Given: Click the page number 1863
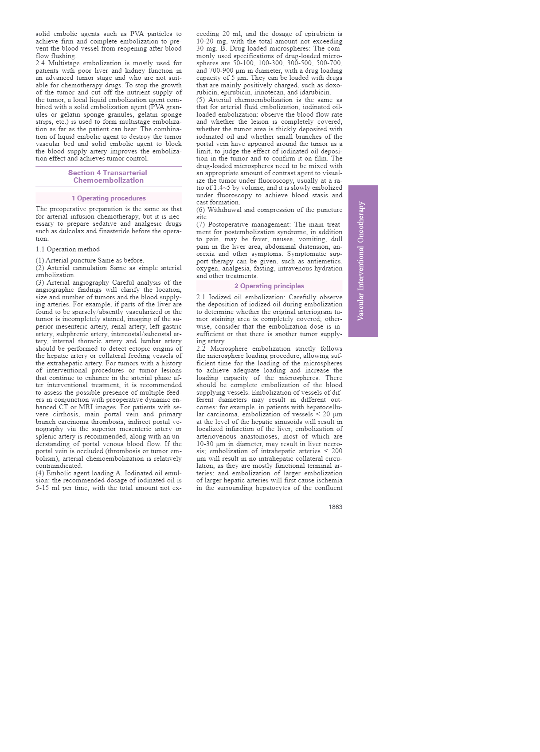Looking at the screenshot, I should point(335,507).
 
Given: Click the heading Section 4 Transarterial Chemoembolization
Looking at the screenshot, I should point(108,176).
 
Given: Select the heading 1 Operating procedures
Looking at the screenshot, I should point(109,198).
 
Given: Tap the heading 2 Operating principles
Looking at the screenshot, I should point(269,286).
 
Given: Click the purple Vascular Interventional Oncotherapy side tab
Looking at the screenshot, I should point(363,261).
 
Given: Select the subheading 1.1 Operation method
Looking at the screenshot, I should point(68,249).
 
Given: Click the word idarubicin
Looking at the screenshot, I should point(317,92).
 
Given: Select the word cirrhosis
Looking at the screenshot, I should point(67,414).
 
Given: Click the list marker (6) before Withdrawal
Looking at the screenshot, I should point(201,210).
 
